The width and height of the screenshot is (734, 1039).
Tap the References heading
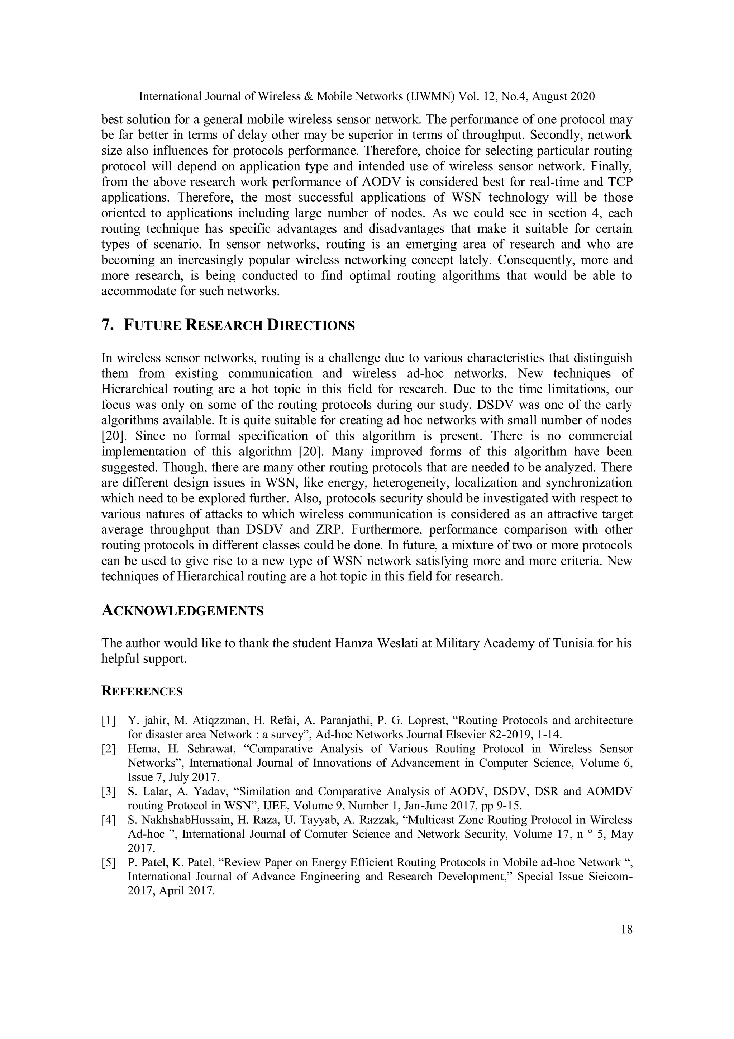[142, 691]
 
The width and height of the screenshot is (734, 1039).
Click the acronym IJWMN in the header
[432, 96]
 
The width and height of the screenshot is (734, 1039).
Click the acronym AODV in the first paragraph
[379, 182]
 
